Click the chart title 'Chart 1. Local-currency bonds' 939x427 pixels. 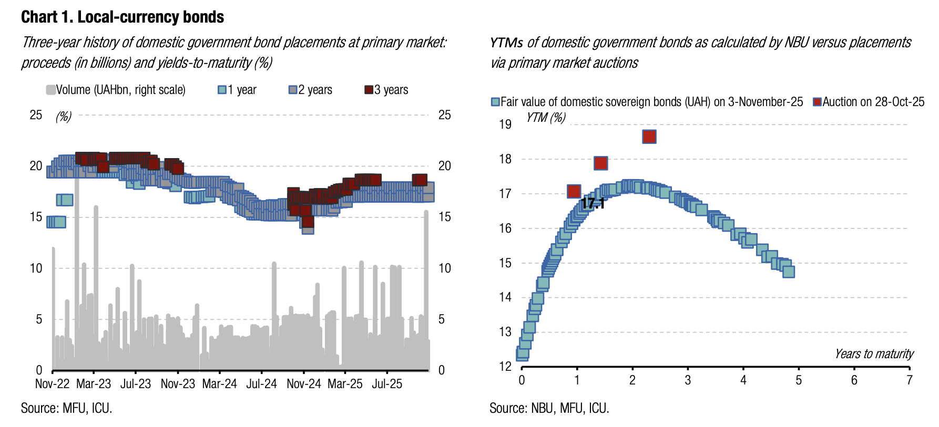click(x=123, y=17)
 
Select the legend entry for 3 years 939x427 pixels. click(x=386, y=90)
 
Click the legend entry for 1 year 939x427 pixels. click(x=238, y=90)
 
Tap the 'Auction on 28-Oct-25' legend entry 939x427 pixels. click(x=869, y=102)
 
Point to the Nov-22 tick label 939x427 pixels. click(x=52, y=384)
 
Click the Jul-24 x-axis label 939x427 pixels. click(x=261, y=384)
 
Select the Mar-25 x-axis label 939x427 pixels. click(x=345, y=384)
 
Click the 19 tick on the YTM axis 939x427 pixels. click(x=505, y=124)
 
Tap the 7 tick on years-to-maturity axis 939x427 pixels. click(x=909, y=380)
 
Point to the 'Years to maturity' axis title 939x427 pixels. click(x=874, y=354)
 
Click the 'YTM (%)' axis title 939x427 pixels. click(x=546, y=117)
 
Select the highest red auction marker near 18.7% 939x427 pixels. click(x=649, y=137)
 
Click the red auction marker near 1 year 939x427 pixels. click(x=574, y=192)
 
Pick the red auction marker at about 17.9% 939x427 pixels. click(x=600, y=163)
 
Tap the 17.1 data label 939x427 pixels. click(x=593, y=204)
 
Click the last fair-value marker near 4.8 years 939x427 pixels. click(x=789, y=272)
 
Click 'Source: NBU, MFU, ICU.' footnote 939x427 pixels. click(x=549, y=408)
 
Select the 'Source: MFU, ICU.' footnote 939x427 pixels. click(x=66, y=408)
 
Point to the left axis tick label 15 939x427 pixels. click(x=36, y=217)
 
